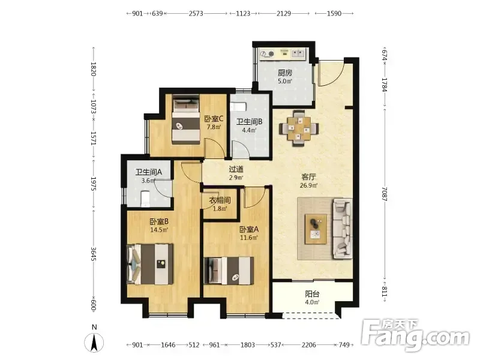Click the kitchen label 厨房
point(285,73)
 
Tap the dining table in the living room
point(299,128)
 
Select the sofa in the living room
point(342,229)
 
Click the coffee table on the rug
point(316,229)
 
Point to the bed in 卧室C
point(186,119)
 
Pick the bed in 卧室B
point(150,264)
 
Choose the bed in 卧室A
point(229,271)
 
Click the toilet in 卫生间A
point(145,199)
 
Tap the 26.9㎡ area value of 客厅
point(308,185)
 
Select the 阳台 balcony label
point(312,294)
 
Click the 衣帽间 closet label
point(220,200)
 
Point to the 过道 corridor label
point(236,169)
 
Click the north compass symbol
point(94,342)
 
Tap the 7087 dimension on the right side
point(385,194)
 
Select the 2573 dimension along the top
point(196,13)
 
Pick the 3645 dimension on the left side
point(94,254)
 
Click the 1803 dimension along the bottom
point(248,345)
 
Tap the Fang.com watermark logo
point(415,335)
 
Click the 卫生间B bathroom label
point(249,122)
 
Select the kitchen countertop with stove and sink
point(283,54)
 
